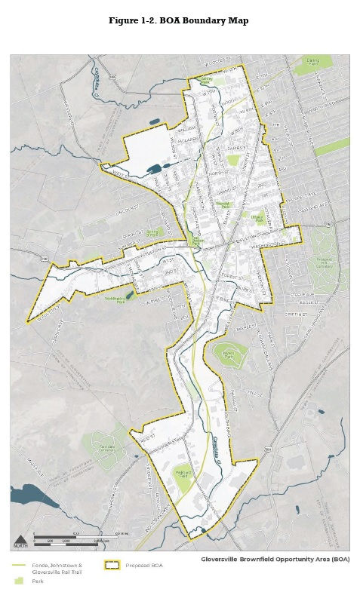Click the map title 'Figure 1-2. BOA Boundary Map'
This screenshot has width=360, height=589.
(x=179, y=20)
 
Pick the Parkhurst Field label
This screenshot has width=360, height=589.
(x=185, y=473)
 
